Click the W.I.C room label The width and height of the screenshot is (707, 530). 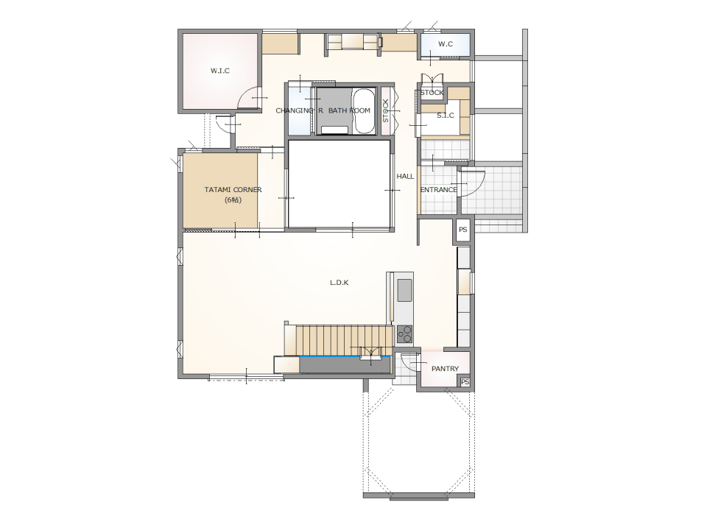[x=220, y=71]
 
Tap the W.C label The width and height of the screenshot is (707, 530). [x=446, y=44]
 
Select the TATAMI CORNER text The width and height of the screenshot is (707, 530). [x=233, y=190]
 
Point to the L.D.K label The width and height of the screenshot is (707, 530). [x=339, y=283]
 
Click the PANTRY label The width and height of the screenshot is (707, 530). [x=445, y=369]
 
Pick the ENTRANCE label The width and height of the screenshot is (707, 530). [x=438, y=190]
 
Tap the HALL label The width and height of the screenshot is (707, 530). [x=405, y=176]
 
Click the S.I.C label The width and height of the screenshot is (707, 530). [x=445, y=116]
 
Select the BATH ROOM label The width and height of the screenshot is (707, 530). [x=349, y=110]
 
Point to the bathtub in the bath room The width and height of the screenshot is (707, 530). [x=363, y=111]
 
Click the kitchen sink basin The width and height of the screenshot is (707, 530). [x=404, y=290]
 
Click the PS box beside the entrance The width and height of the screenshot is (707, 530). [x=462, y=230]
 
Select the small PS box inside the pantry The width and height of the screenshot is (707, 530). [x=465, y=382]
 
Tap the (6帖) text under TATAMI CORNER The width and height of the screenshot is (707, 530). [x=233, y=200]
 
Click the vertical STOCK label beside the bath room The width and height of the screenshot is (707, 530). [x=385, y=111]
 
